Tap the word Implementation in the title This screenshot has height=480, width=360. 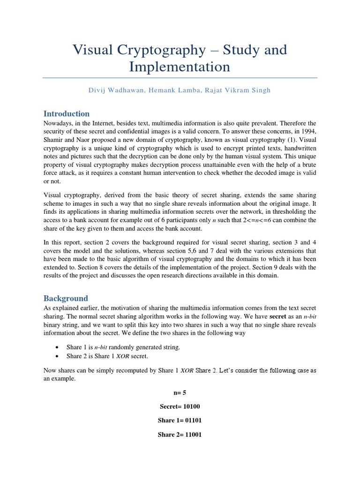click(x=180, y=67)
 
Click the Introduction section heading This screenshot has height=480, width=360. click(x=67, y=113)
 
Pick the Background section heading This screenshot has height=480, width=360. click(x=66, y=298)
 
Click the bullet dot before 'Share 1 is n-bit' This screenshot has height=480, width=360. click(x=57, y=347)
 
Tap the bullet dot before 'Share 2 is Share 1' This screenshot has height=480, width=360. click(x=57, y=356)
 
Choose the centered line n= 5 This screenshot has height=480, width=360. click(x=180, y=392)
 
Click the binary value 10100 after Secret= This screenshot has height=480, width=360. click(x=191, y=406)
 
